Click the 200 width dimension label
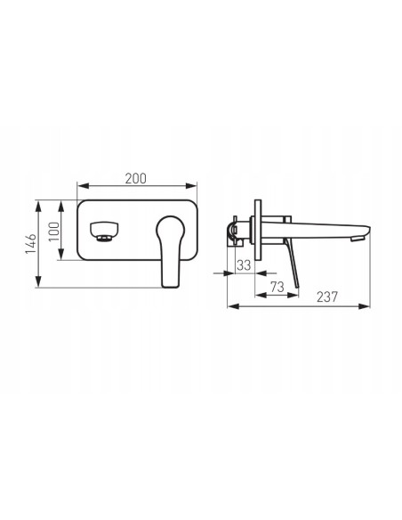pos(135,178)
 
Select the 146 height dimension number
pos(29,242)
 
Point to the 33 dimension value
pos(244,265)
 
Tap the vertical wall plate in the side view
pos(256,229)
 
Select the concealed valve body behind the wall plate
pos(237,232)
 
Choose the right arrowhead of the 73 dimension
pos(293,294)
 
